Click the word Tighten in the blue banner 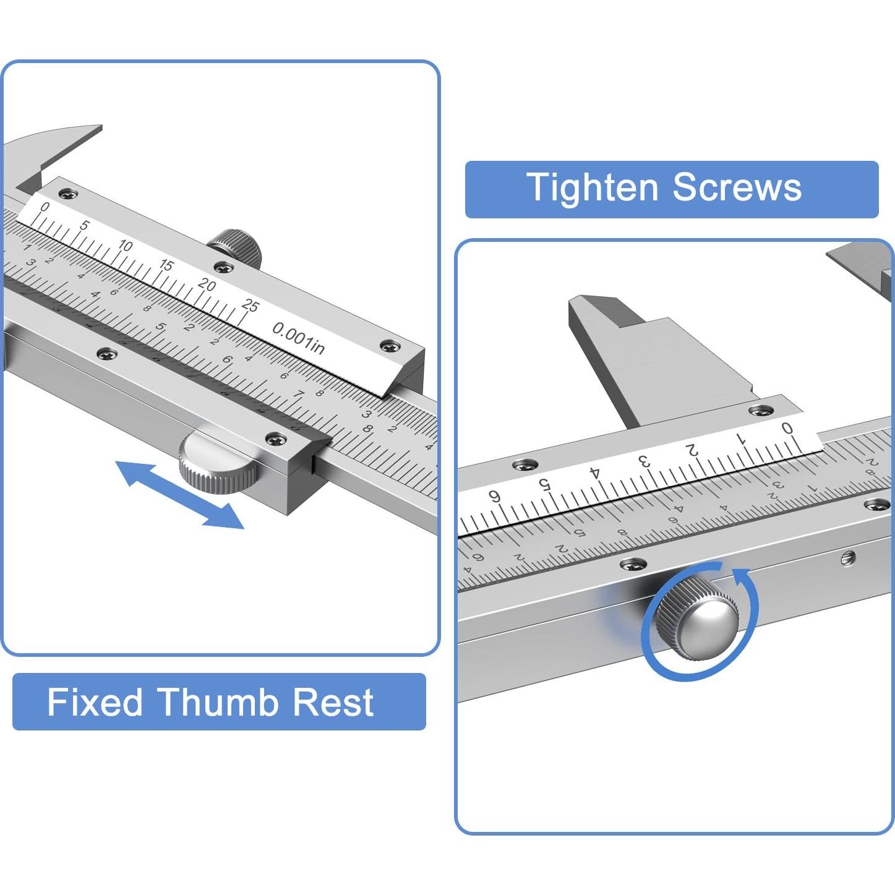(x=592, y=187)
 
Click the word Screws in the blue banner (x=737, y=187)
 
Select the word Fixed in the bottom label (x=95, y=702)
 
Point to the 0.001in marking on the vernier (x=298, y=338)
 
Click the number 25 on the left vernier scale (x=250, y=305)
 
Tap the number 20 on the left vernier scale (x=207, y=285)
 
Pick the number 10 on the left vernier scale (x=125, y=246)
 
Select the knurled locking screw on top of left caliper (x=236, y=246)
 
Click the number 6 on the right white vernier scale (x=494, y=495)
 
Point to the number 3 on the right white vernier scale (x=644, y=461)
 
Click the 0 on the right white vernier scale (x=787, y=427)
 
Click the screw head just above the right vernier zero (x=760, y=410)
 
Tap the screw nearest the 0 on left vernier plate (x=67, y=194)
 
